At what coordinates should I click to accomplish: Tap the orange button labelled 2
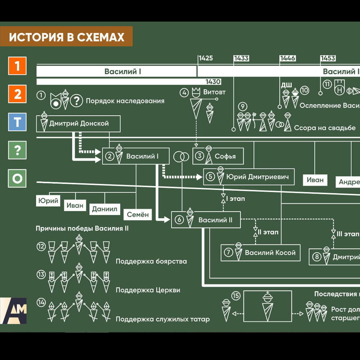coord(17,94)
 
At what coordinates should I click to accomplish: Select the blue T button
coord(17,122)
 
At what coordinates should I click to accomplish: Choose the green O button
coord(17,179)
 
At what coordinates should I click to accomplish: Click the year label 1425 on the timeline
coord(206,58)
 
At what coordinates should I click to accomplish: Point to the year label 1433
coord(241,58)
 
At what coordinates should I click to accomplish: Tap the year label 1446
coord(288,58)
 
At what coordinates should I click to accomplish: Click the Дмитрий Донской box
coord(78,124)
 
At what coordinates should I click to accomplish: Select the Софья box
coord(218,156)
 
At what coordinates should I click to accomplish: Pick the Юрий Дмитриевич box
coord(249,177)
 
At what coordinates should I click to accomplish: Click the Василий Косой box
coord(260,252)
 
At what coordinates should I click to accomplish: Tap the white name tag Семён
coord(138,215)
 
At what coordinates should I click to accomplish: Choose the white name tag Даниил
coord(105,208)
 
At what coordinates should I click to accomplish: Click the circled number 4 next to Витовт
coord(184,93)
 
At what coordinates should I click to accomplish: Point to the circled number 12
coord(41,247)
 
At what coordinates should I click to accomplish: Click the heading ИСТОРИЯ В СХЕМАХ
coord(67,37)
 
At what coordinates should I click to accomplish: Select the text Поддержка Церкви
coord(148,290)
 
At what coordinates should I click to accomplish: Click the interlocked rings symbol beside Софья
coord(181,157)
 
